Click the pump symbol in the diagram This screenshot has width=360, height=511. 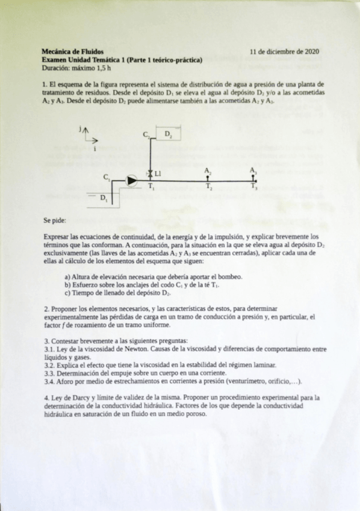(x=131, y=179)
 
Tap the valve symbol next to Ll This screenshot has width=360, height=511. (x=150, y=174)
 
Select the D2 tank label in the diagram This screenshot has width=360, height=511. (x=168, y=134)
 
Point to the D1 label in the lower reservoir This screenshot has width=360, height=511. (x=104, y=197)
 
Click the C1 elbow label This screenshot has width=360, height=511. (x=107, y=177)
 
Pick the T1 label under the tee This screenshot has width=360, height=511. (x=151, y=187)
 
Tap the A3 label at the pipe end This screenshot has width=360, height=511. (x=253, y=171)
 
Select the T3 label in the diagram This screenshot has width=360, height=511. (x=254, y=187)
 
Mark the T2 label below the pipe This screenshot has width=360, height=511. (x=208, y=187)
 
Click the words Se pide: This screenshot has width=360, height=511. (x=55, y=221)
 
